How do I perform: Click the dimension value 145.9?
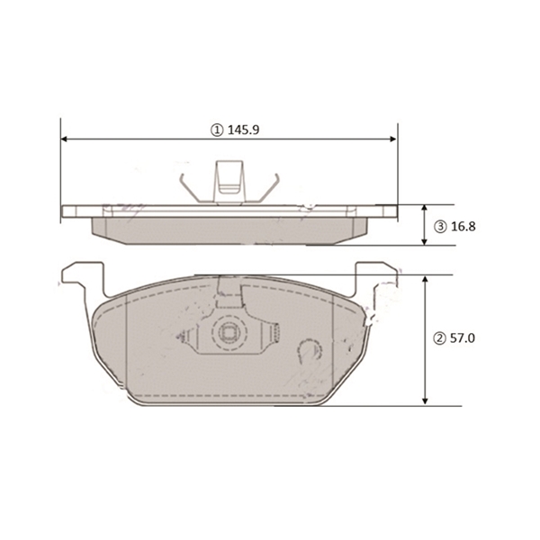tap(243, 130)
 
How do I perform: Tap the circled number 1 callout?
tap(217, 130)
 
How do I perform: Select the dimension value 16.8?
tap(463, 227)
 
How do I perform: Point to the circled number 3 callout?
tap(440, 227)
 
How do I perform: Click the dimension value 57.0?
tap(463, 338)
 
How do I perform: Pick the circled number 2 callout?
tap(439, 339)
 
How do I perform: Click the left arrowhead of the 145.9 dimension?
tap(64, 139)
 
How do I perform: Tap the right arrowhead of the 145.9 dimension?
tap(392, 139)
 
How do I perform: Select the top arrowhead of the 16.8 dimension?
tap(424, 209)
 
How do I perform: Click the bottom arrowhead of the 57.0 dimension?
tap(425, 401)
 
